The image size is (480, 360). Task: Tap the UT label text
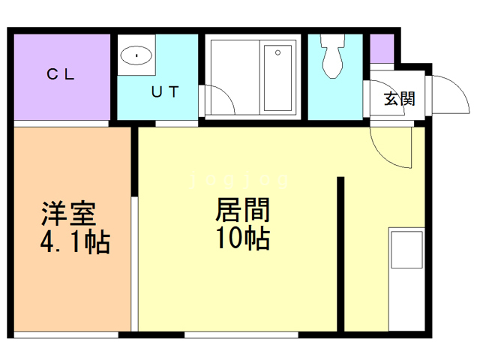coord(164,92)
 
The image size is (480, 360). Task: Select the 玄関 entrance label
coord(399,98)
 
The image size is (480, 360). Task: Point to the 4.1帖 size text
coord(74,242)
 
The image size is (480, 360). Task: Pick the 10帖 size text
coord(242,238)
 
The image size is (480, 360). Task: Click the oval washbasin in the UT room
coord(136,54)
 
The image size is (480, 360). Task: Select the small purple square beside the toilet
coord(382,48)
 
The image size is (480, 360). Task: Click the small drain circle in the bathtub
coord(277,53)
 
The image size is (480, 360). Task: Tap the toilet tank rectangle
coord(331,39)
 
